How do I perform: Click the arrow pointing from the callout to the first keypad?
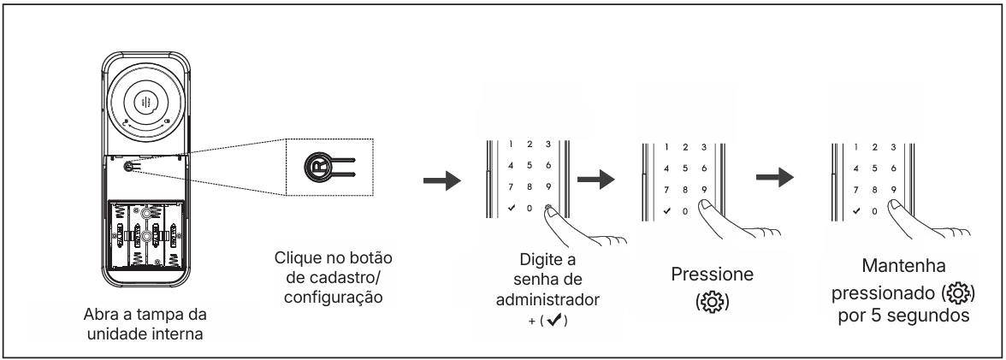442,184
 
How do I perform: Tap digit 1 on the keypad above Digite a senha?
510,146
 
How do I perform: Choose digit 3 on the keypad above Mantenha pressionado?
894,146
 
